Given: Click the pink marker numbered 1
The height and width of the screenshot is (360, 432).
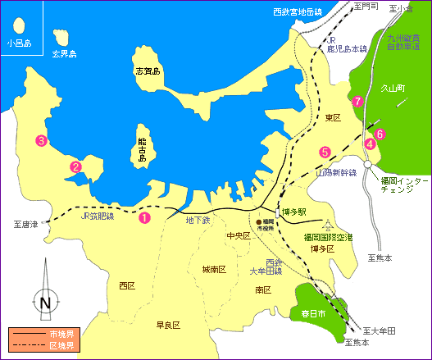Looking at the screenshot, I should click(144, 218).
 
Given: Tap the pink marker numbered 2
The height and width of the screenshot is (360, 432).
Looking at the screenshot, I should click(75, 166).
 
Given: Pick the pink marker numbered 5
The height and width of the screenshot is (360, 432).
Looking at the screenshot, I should click(325, 152).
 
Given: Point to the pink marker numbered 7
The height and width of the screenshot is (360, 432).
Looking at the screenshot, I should click(357, 102).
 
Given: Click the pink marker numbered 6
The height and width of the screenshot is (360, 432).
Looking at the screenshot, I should click(380, 134).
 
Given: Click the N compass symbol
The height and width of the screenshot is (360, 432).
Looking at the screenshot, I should click(44, 303).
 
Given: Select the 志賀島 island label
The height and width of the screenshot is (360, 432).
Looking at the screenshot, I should click(148, 72).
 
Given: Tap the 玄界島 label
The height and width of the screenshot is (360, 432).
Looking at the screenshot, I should click(63, 54).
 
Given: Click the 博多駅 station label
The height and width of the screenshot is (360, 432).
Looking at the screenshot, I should click(293, 212).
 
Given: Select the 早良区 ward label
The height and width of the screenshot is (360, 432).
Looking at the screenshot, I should click(167, 325).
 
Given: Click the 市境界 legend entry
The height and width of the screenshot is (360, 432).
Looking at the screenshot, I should click(59, 335).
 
